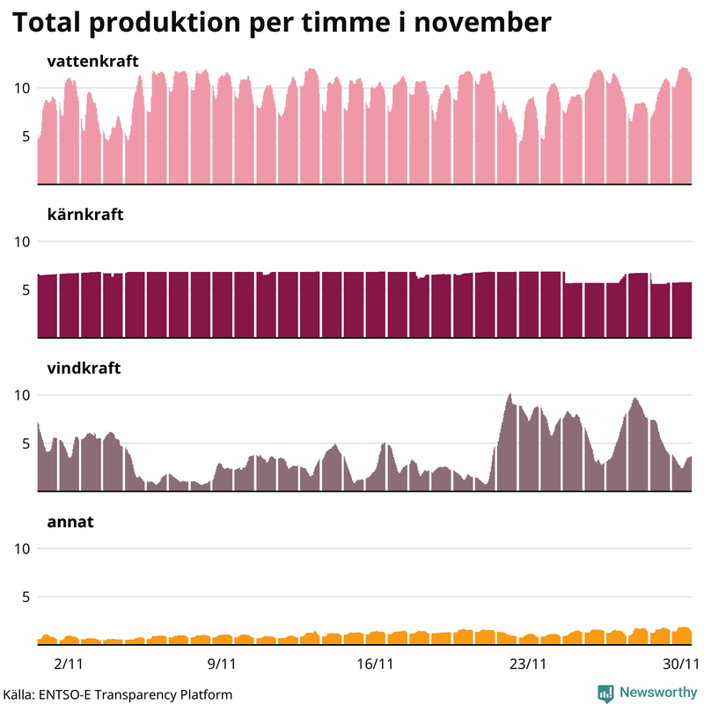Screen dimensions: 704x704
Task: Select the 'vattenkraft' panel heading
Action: click(x=92, y=61)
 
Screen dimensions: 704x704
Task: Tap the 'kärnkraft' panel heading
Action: click(x=84, y=214)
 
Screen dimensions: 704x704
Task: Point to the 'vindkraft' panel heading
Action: click(x=83, y=368)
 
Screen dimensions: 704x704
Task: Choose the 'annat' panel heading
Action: click(x=70, y=521)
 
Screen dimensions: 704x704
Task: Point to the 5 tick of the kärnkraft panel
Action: click(x=26, y=290)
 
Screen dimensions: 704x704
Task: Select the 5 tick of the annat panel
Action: click(x=26, y=597)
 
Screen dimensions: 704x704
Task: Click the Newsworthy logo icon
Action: click(x=605, y=693)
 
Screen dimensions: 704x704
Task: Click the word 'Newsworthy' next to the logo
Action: click(x=657, y=693)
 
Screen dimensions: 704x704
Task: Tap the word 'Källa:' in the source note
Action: click(x=19, y=694)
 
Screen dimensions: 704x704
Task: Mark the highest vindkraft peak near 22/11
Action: click(x=510, y=395)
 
